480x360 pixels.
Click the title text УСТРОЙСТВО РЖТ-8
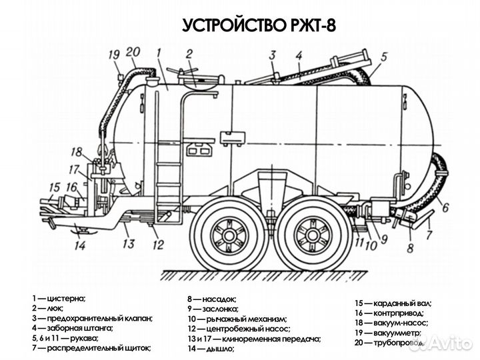(259, 25)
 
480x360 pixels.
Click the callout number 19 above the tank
(113, 55)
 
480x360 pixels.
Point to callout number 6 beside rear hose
(445, 207)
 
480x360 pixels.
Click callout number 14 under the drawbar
(80, 245)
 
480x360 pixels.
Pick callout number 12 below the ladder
(158, 244)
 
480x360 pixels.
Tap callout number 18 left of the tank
(77, 151)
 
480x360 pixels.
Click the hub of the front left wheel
(229, 234)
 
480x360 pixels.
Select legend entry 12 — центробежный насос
(238, 329)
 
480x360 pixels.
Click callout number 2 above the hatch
(189, 55)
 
